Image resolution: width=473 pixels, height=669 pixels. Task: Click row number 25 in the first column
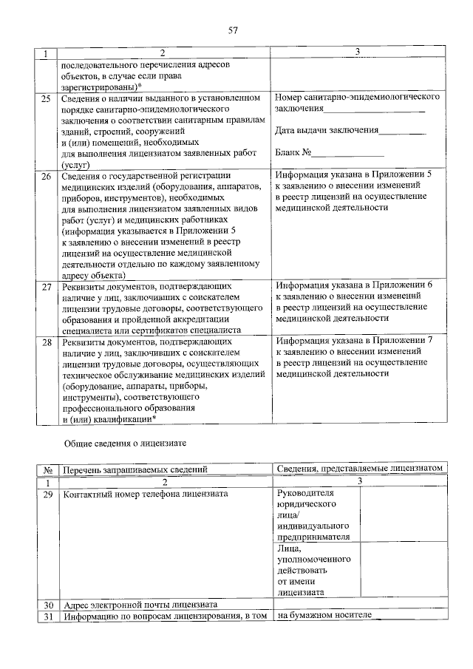tap(46, 98)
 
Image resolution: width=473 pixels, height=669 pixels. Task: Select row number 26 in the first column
tap(46, 177)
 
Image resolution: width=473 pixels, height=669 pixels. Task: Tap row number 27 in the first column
tap(46, 286)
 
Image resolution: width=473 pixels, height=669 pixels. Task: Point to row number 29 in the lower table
tap(48, 493)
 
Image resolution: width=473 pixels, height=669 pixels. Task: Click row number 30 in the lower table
tap(48, 604)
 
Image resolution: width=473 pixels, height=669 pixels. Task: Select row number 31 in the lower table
tap(48, 617)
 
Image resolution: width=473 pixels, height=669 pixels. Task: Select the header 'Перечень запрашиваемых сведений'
tap(135, 469)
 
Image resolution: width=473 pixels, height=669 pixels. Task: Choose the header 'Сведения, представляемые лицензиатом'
tap(359, 469)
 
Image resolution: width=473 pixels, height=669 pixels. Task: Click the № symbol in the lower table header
tap(47, 469)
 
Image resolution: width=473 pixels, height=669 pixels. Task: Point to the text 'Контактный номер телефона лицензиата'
tap(146, 493)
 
